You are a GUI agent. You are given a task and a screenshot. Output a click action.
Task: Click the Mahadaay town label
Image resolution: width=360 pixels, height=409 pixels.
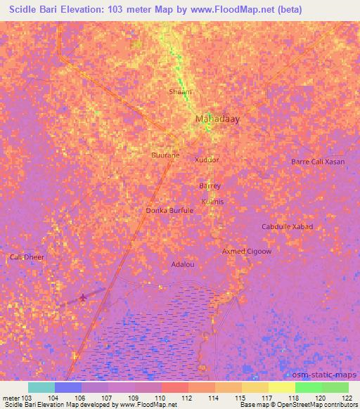pos(217,119)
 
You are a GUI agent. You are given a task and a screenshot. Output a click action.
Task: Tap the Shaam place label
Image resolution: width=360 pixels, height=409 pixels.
pos(180,92)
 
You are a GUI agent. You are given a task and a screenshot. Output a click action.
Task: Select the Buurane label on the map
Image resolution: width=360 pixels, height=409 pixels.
pos(165,155)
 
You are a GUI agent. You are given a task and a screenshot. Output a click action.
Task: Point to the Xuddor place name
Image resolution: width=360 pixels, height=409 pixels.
pos(207,160)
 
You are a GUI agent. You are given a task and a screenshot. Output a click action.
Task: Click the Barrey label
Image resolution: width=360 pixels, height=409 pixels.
pos(210,186)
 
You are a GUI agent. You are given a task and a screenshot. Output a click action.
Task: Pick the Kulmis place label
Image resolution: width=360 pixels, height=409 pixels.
pos(212,202)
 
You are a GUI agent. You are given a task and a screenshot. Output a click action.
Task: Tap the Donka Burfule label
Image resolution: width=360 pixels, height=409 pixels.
pos(169,210)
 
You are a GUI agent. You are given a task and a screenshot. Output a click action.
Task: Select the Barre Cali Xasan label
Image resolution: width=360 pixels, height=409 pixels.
pos(318,162)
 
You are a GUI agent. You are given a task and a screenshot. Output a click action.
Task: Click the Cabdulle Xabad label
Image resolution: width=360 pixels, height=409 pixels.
pos(287,226)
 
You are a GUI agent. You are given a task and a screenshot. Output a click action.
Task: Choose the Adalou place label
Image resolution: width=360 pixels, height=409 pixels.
pos(183,264)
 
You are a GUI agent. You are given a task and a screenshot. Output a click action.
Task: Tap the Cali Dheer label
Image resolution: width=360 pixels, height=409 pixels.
pos(27,257)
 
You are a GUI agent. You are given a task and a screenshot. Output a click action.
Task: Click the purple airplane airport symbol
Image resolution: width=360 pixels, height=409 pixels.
pos(84,298)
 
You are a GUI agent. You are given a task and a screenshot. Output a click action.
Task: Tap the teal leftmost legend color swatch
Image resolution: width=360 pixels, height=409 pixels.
pos(41,387)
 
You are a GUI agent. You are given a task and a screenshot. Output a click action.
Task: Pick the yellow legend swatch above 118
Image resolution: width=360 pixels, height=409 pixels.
pos(281,387)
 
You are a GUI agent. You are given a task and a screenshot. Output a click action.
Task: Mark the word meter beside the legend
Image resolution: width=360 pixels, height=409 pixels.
pos(11,398)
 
